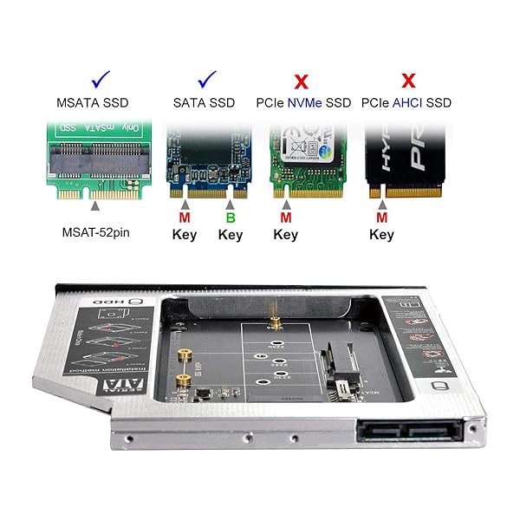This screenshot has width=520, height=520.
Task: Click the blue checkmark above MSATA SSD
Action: (101, 81)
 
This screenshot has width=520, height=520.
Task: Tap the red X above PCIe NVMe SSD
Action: (302, 82)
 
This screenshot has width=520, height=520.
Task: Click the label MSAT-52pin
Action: (97, 231)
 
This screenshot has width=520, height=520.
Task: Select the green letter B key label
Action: (231, 217)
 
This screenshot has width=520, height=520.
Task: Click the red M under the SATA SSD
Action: (185, 217)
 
